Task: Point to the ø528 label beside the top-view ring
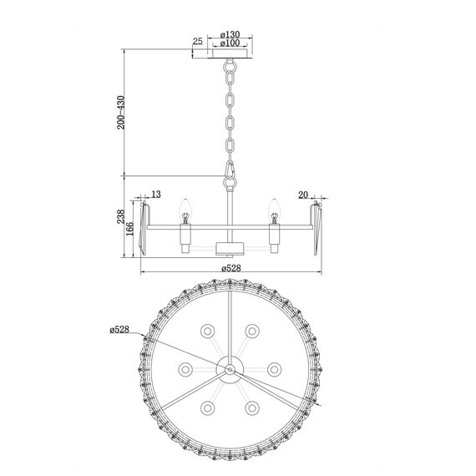tap(120, 329)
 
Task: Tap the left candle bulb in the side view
tap(185, 206)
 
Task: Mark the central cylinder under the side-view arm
tap(228, 248)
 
